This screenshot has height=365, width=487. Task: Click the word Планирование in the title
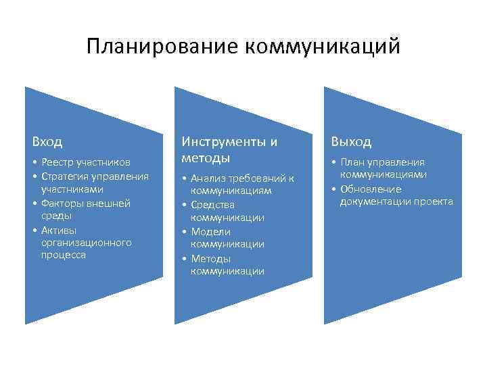pyautogui.click(x=162, y=47)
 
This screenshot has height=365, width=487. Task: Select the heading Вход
pyautogui.click(x=47, y=142)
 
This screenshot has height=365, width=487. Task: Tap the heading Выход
pyautogui.click(x=351, y=142)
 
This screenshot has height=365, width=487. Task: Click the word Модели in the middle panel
pyautogui.click(x=210, y=231)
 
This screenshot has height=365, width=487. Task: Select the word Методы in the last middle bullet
pyautogui.click(x=210, y=258)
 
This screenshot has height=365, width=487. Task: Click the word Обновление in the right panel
pyautogui.click(x=371, y=189)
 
